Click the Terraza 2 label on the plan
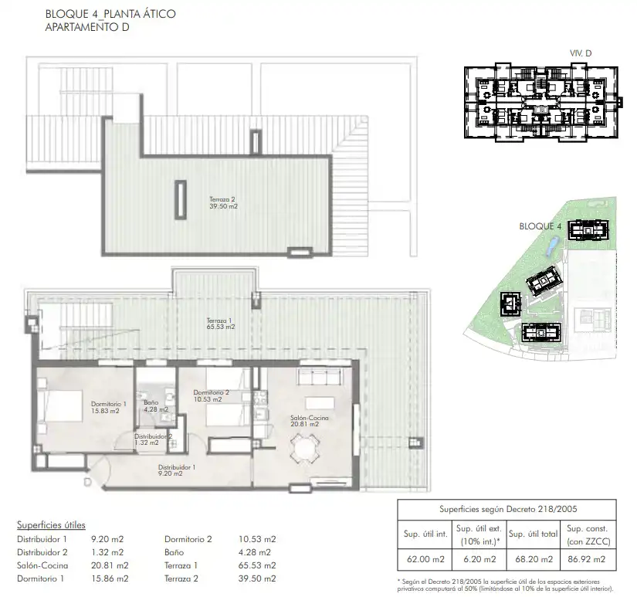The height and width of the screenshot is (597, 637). click(223, 203)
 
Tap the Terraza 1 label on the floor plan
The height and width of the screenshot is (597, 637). click(221, 324)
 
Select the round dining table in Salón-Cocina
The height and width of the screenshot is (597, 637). click(305, 449)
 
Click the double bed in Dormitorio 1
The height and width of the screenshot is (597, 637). click(60, 406)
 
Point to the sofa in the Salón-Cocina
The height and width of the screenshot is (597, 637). click(320, 376)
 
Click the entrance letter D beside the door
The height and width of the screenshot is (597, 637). click(88, 482)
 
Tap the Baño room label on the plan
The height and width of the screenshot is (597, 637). click(156, 406)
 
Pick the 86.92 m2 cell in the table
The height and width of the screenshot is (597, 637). click(587, 559)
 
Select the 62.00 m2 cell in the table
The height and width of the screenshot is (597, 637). click(425, 559)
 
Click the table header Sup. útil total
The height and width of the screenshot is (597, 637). click(533, 534)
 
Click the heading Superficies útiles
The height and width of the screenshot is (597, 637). click(51, 525)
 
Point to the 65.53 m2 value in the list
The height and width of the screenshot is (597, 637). click(257, 565)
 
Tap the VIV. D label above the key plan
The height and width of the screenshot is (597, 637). click(581, 53)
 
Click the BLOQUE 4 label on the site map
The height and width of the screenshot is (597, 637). click(540, 226)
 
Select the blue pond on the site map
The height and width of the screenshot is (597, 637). click(552, 246)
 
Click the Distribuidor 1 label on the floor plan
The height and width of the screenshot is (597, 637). click(177, 470)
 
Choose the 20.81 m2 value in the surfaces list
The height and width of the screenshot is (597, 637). click(110, 565)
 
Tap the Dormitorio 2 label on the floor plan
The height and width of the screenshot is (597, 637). click(212, 396)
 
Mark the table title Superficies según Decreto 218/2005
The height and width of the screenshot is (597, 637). click(508, 509)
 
